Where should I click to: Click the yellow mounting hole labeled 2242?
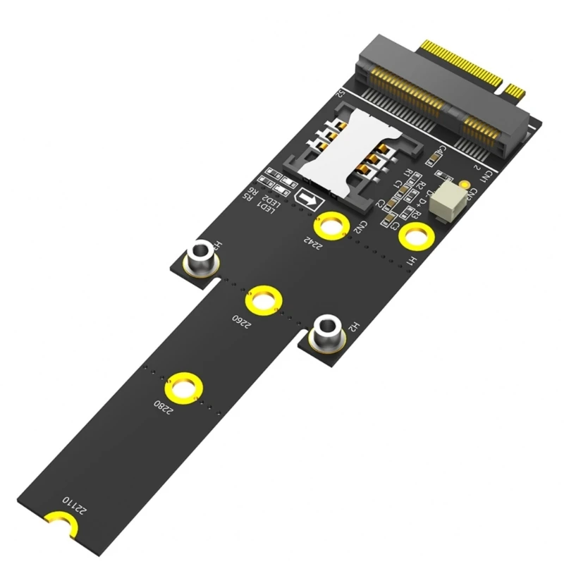click(330, 226)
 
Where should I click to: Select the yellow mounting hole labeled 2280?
click(183, 389)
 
